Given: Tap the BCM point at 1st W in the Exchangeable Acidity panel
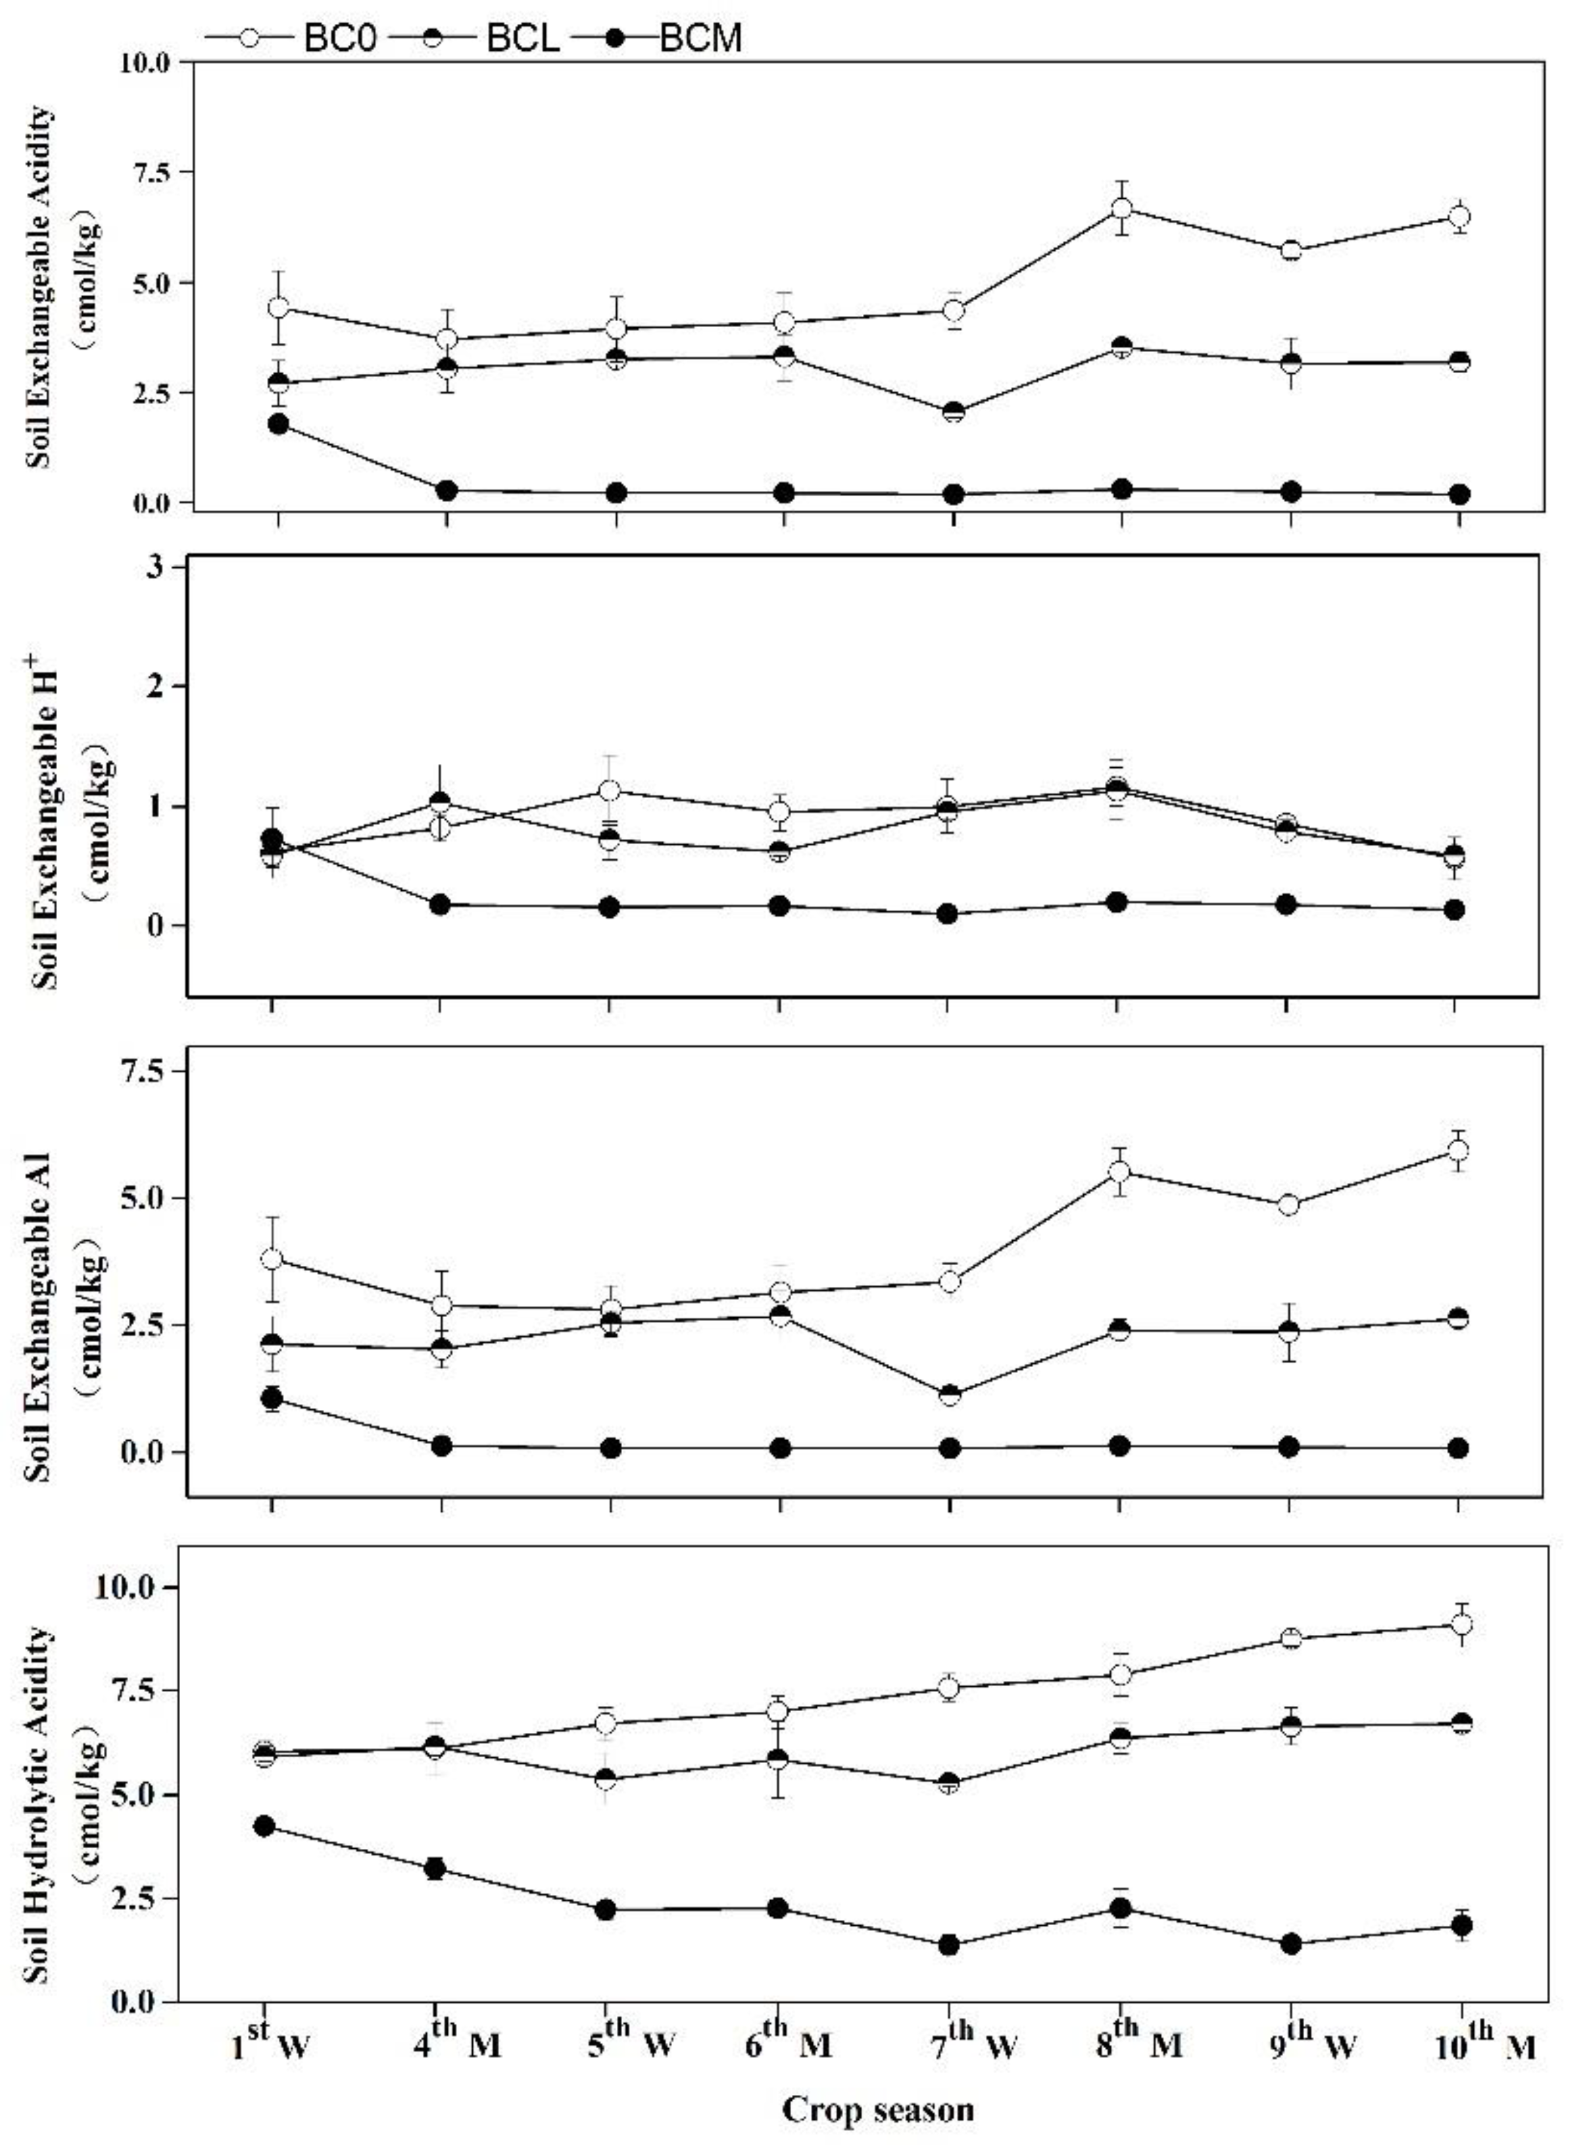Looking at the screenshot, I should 278,424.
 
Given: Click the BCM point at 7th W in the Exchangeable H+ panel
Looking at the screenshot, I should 947,913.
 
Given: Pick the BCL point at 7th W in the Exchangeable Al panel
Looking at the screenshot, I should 949,1395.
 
